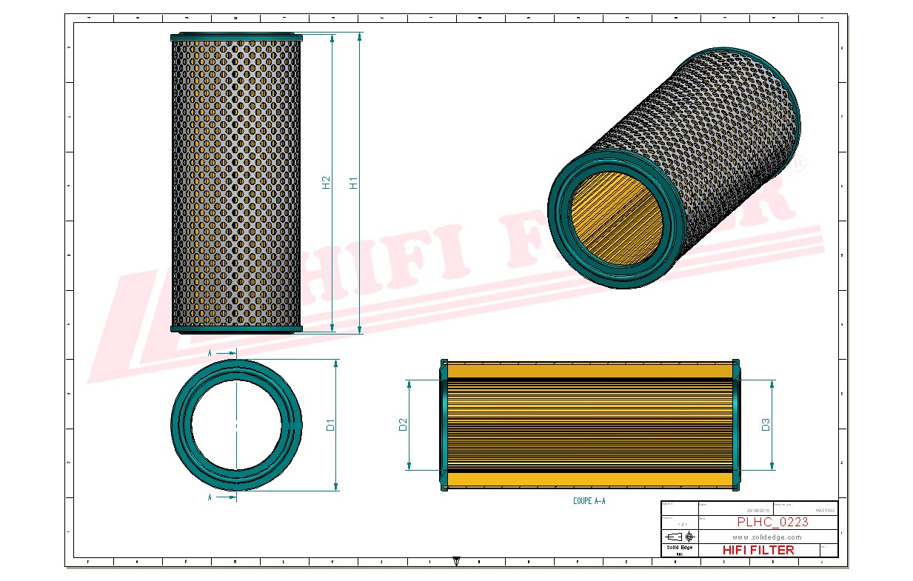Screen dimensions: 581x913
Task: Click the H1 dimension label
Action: [354, 182]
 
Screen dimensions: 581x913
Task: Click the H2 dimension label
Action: [327, 183]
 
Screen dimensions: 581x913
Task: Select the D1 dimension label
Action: [331, 425]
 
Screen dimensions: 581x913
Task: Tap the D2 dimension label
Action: [403, 425]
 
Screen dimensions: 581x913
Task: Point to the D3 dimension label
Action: [766, 425]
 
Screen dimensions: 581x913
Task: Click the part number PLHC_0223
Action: [772, 523]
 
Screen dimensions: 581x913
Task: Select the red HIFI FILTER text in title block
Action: [758, 550]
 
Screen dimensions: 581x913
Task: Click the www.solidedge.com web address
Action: [767, 537]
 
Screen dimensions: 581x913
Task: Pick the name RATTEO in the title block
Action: [824, 511]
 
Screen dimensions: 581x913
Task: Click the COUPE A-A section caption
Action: [589, 501]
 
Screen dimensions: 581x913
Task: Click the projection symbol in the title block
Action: [680, 536]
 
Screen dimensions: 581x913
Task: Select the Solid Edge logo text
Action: [679, 548]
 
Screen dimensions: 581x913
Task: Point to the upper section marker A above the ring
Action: [210, 354]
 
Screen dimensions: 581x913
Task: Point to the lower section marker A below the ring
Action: [210, 497]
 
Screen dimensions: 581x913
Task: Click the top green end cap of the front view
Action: [236, 36]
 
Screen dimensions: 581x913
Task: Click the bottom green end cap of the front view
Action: [236, 329]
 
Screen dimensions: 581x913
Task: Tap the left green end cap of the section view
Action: [444, 425]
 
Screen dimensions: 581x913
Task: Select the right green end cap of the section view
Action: [736, 425]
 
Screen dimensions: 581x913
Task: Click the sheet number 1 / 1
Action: [680, 524]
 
